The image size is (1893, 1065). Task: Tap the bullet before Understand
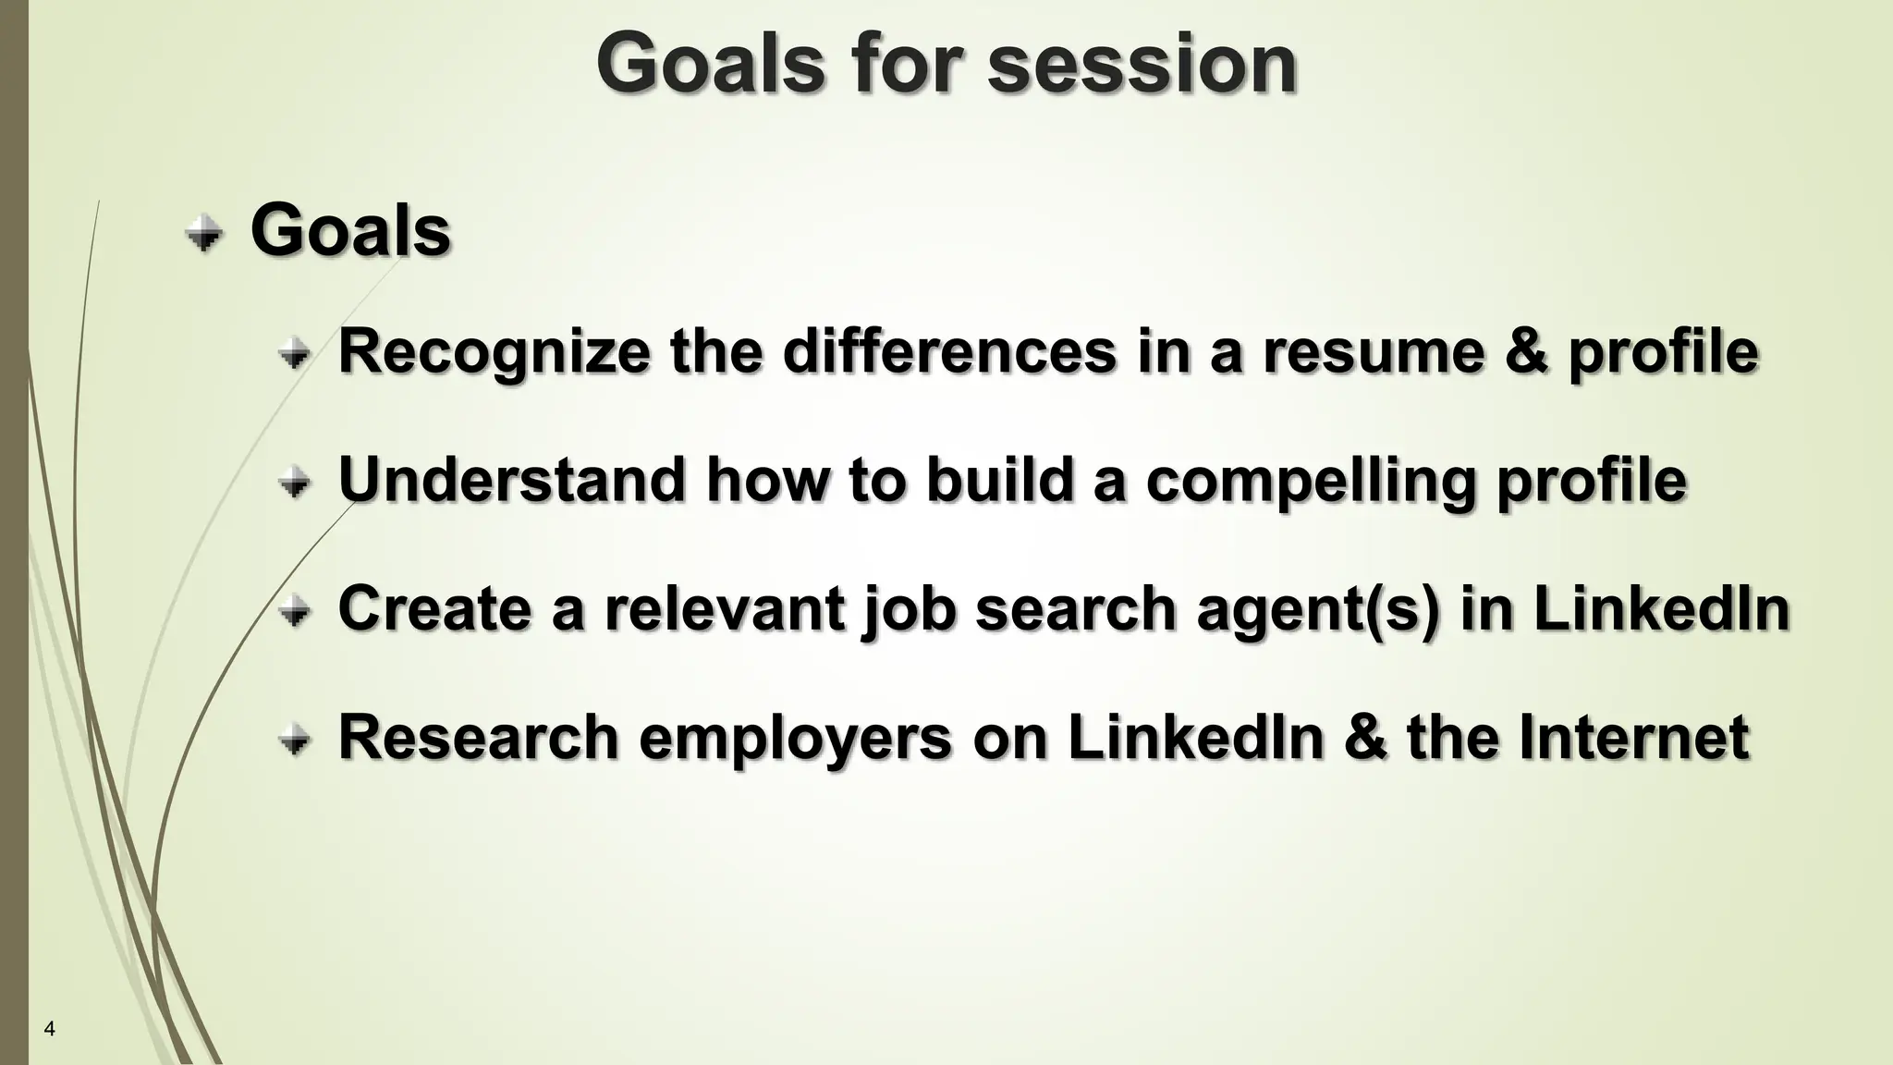[295, 482]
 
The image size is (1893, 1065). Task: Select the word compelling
[1310, 482]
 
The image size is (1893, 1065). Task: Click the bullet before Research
[295, 740]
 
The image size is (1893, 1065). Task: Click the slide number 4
[50, 1029]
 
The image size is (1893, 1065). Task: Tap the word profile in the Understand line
[1591, 482]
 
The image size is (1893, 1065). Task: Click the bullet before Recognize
[295, 353]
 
